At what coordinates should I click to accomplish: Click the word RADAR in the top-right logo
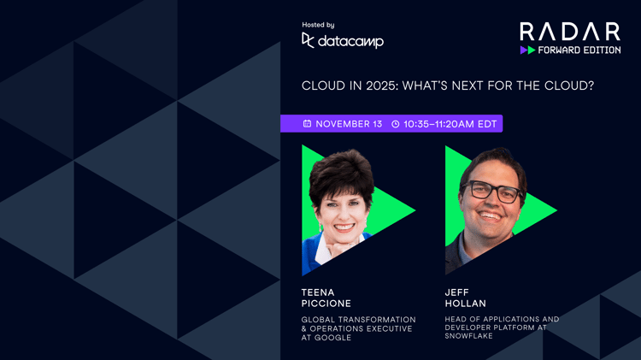tap(570, 32)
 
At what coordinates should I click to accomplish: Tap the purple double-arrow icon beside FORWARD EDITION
tap(527, 50)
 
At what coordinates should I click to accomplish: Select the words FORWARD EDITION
tap(579, 50)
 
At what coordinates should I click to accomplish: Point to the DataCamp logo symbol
tap(309, 40)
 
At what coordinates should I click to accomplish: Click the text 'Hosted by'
tap(318, 25)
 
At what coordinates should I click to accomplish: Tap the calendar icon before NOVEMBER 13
tap(307, 124)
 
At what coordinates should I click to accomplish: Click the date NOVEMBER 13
tap(349, 124)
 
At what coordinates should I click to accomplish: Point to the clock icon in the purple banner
tap(396, 124)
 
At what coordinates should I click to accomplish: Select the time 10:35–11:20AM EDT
tap(450, 124)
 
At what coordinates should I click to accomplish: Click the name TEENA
tap(318, 292)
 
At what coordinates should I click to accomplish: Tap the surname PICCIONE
tap(326, 304)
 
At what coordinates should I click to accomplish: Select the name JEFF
tap(457, 292)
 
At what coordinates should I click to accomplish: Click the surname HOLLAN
tap(465, 304)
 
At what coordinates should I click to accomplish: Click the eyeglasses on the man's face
tap(493, 191)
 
